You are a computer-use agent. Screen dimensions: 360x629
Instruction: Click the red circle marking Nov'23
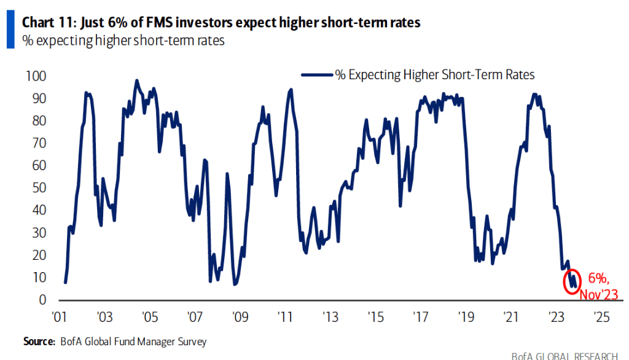[x=572, y=281]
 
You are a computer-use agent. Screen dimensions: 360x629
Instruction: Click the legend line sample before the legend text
[x=317, y=75]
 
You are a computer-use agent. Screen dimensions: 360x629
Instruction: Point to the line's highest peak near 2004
[x=136, y=80]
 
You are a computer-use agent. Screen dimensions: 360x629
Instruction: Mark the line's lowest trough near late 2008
[x=234, y=284]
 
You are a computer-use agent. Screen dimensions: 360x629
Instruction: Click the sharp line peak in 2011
[x=291, y=90]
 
